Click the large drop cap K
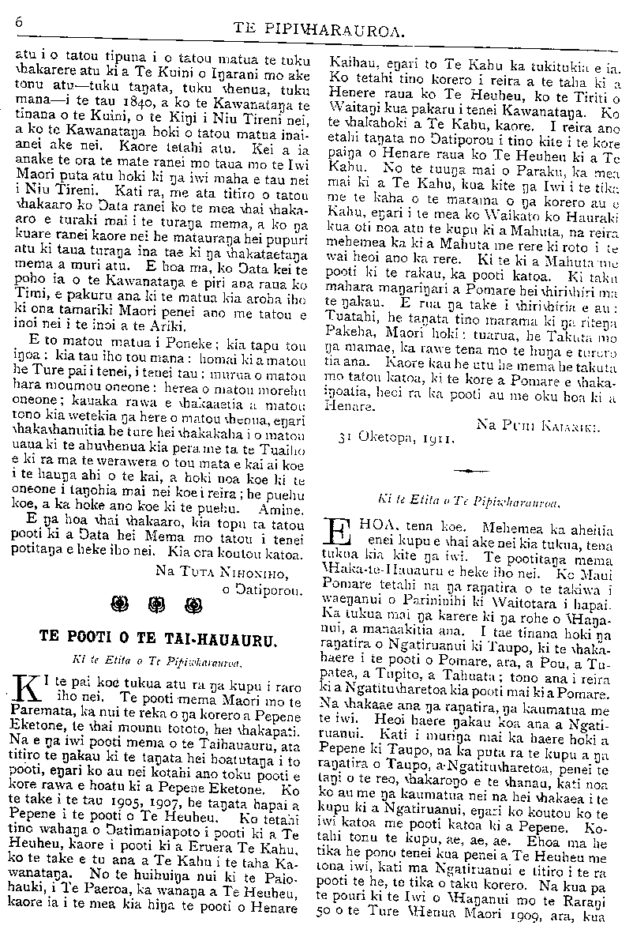28,689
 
